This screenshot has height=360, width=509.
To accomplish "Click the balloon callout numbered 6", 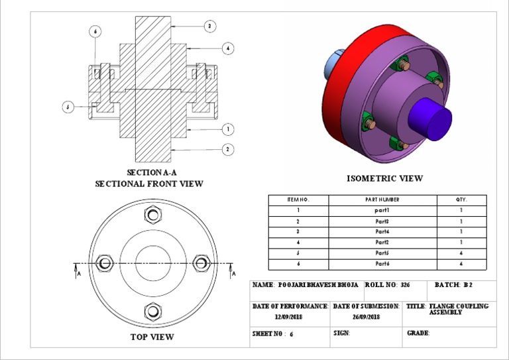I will (95, 31).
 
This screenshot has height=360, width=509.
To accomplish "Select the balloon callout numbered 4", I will (228, 48).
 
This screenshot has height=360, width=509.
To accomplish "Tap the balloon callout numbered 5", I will (68, 107).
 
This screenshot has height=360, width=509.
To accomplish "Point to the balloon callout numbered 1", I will (228, 129).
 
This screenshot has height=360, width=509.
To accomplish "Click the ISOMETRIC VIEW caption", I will (384, 178).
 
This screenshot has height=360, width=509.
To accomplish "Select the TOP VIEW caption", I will (152, 337).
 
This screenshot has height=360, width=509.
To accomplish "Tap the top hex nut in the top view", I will (153, 215).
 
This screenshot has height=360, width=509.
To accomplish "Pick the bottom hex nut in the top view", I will (153, 310).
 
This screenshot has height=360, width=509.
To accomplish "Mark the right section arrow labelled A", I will (233, 270).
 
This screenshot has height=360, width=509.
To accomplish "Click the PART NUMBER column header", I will (382, 200).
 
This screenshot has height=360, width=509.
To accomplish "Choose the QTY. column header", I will (461, 200).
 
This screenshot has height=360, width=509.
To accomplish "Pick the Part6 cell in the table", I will (382, 264).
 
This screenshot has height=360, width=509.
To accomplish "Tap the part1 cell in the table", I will (382, 210).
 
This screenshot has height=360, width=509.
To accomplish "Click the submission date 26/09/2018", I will (367, 318).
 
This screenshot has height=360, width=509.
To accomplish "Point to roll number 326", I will (406, 285).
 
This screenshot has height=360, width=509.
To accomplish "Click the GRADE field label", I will (419, 333).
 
